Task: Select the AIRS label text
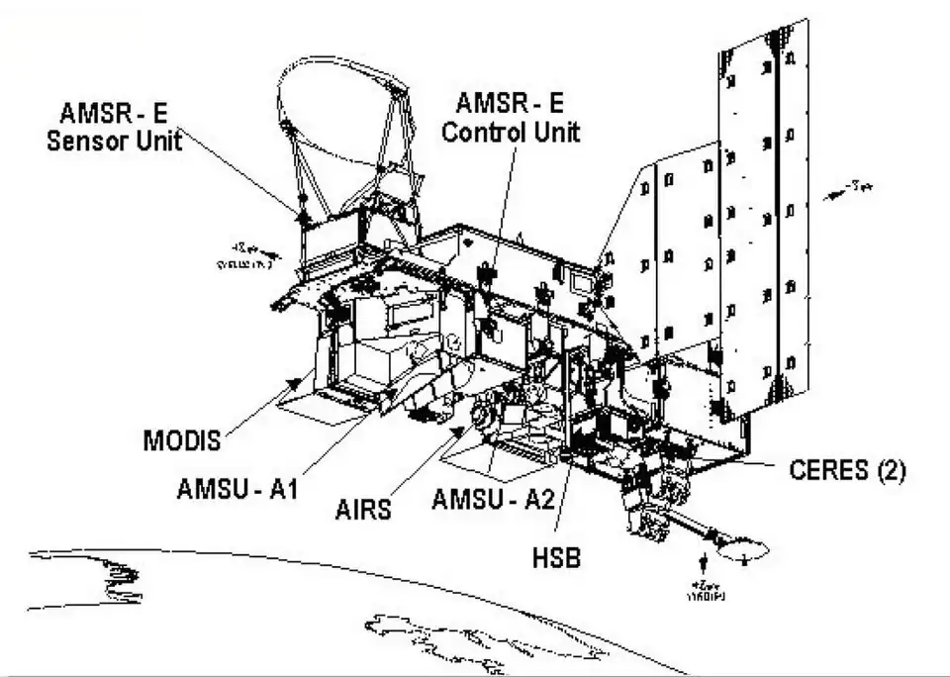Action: click(361, 510)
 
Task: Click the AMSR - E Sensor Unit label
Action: click(115, 126)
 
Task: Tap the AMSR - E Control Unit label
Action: click(511, 116)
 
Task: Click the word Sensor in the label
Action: click(83, 140)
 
